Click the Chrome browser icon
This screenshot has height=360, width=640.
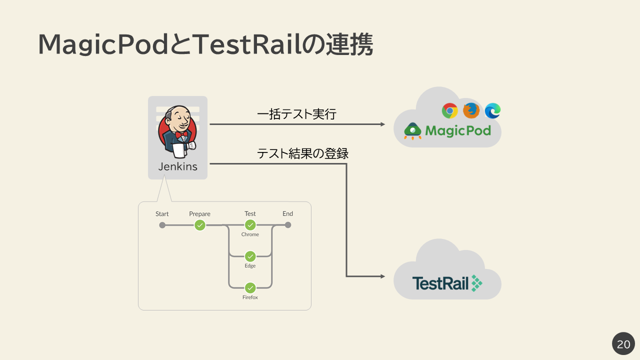coord(450,110)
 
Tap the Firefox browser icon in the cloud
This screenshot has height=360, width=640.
coord(471,110)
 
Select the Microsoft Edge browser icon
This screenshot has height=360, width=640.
coord(492,110)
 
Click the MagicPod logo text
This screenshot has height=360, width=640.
coord(457,131)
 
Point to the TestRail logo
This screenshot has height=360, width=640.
coord(447,283)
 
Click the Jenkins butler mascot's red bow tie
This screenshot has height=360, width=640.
coord(181,134)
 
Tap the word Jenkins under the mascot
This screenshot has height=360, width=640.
coord(177,167)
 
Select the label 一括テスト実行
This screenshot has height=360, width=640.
coord(296,114)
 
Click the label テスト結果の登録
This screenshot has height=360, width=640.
coord(302,153)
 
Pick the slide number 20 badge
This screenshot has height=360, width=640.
coord(623,344)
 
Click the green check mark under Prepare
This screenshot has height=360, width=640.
coord(200,225)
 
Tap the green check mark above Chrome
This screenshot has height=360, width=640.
coord(250,225)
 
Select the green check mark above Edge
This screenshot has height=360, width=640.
coord(250,256)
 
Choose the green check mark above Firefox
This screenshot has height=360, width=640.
coord(250,288)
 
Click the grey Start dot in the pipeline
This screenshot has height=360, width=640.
coord(162,225)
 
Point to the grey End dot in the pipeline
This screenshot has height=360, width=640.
coord(287,225)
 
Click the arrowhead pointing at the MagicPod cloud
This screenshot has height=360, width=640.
coord(382,124)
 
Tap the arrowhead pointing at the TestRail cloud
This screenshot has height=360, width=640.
coord(382,276)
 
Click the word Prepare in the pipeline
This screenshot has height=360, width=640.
coord(199,214)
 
